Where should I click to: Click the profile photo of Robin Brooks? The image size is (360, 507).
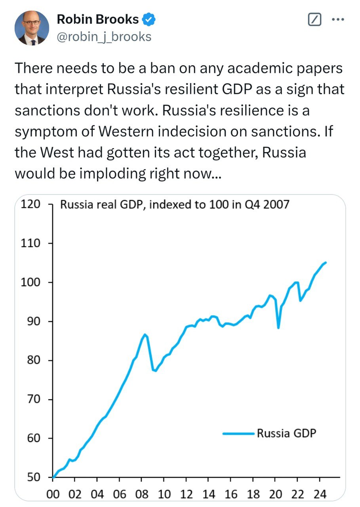tap(32, 28)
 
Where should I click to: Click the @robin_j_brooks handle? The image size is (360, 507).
tap(104, 36)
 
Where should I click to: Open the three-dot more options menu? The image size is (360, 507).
tap(337, 19)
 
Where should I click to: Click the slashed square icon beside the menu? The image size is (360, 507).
tap(314, 19)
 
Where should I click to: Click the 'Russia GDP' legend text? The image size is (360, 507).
tap(287, 433)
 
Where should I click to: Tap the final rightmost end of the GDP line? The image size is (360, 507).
tap(326, 262)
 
